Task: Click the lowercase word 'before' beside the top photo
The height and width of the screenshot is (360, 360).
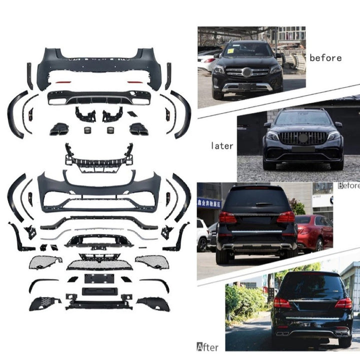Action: point(325,57)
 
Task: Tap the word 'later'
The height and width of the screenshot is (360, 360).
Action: point(221,146)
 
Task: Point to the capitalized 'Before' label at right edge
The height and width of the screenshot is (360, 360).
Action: point(348,185)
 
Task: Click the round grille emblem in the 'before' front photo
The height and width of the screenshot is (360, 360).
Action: point(247,72)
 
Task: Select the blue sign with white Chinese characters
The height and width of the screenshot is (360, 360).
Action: point(209,203)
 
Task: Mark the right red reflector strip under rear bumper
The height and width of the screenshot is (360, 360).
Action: point(135,81)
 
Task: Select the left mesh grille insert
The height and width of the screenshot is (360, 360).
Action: point(45,261)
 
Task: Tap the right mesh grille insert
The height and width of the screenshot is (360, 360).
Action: point(152,261)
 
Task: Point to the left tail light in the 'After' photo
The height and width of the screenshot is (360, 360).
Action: point(281,303)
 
